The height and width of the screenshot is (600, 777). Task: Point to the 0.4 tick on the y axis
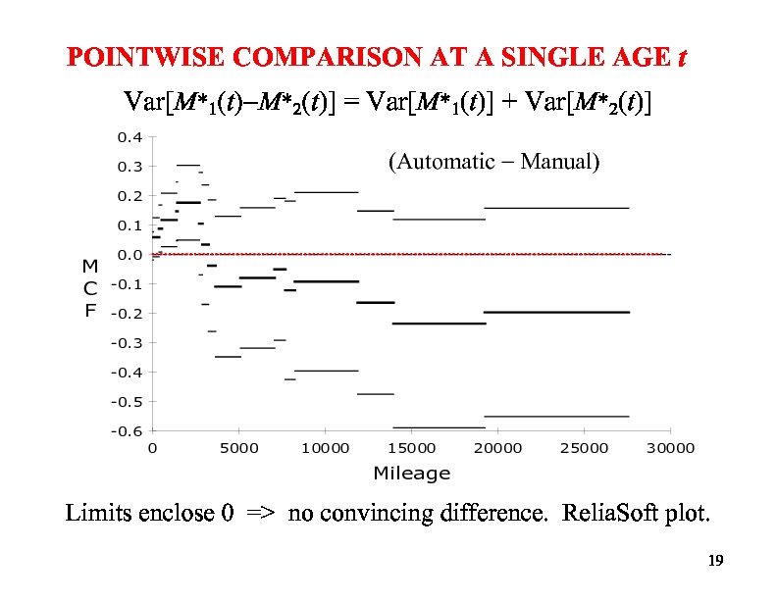click(x=130, y=137)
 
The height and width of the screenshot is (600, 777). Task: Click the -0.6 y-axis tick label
click(x=128, y=431)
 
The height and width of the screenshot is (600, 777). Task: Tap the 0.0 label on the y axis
click(x=130, y=255)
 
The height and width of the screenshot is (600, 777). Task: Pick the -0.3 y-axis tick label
click(x=128, y=343)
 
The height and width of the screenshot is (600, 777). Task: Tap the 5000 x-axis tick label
click(x=239, y=448)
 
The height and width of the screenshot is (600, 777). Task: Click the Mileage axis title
click(x=412, y=474)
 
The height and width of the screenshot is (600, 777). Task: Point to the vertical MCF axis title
click(x=90, y=287)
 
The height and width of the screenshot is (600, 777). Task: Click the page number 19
click(x=715, y=561)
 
